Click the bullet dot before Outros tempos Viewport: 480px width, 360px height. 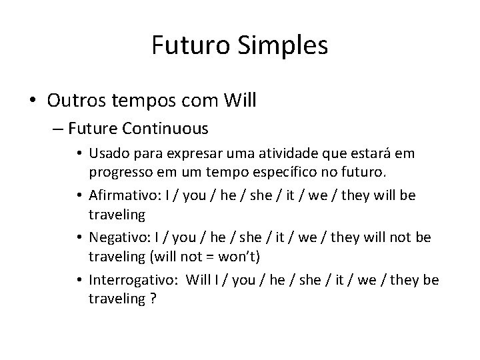[33, 101]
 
